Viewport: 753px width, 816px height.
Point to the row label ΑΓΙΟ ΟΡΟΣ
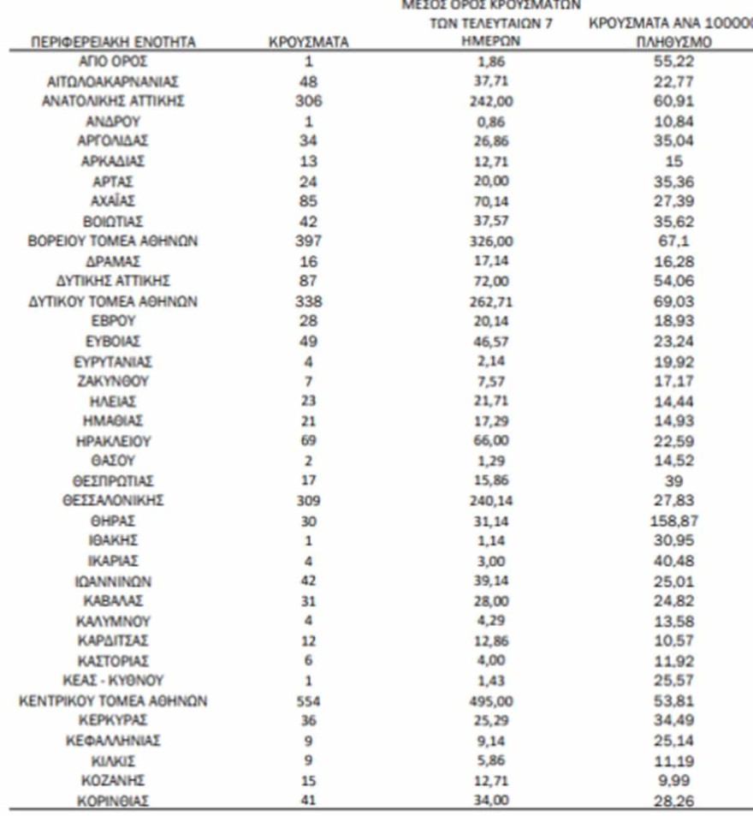[114, 62]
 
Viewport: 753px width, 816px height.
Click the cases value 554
[309, 701]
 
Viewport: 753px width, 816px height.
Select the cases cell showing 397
[309, 241]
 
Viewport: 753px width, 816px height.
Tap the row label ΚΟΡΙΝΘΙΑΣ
[114, 801]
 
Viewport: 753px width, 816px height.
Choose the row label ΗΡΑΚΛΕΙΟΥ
[114, 441]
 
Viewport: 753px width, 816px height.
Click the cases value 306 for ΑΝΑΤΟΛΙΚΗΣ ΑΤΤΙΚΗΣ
[309, 102]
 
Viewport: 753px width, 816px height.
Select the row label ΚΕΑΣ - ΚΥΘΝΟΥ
[114, 681]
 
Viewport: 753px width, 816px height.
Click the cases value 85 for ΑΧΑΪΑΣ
[309, 201]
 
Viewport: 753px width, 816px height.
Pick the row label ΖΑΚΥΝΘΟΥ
[114, 381]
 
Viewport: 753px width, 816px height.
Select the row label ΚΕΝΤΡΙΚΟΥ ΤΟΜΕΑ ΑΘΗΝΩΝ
[114, 701]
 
